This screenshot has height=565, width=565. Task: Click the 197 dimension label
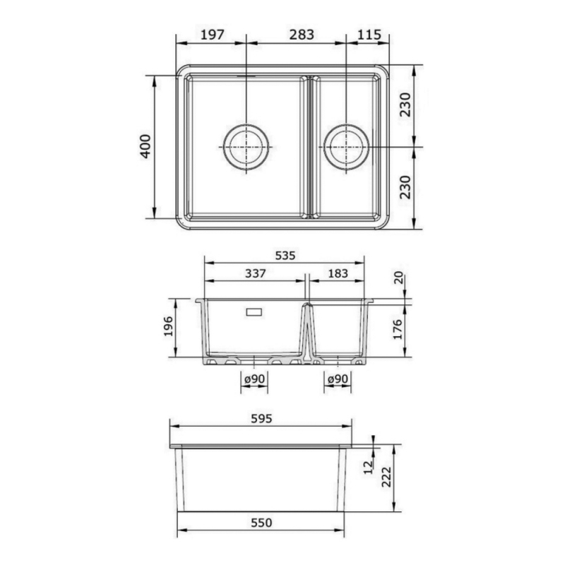(x=213, y=35)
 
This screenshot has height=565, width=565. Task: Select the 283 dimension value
(x=302, y=35)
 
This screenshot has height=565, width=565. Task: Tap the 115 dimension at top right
(x=369, y=35)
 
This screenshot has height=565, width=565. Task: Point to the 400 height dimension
(x=145, y=146)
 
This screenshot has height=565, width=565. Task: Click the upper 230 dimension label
(x=405, y=105)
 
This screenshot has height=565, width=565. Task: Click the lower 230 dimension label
(x=405, y=187)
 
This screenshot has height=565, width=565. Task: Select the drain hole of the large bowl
(x=246, y=147)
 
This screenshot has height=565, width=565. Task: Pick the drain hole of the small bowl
(x=346, y=147)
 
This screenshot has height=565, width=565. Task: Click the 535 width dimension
(x=285, y=256)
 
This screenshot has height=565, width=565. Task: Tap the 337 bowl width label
(x=256, y=273)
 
